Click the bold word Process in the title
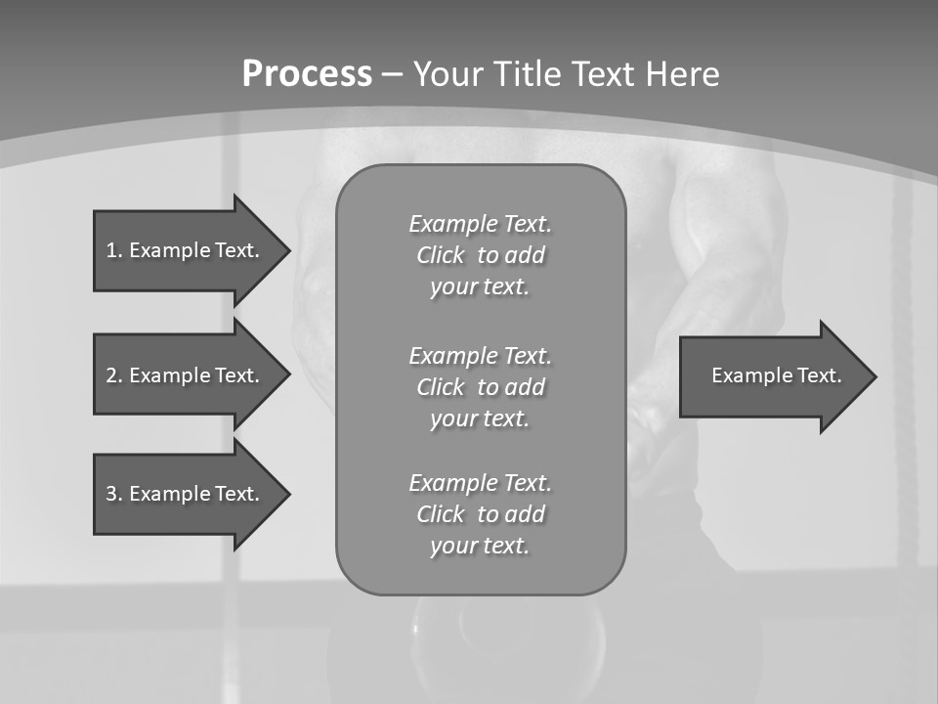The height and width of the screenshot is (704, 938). (307, 74)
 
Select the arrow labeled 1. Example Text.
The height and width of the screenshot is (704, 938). (186, 250)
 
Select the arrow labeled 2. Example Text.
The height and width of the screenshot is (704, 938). (186, 375)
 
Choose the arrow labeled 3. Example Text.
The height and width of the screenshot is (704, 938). (186, 494)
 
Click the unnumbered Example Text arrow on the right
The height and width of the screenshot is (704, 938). (776, 375)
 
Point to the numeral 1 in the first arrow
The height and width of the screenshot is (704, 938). (111, 250)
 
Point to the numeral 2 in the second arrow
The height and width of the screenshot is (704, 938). (112, 375)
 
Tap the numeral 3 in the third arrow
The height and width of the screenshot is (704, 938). (112, 494)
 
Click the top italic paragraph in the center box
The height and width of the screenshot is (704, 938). (480, 255)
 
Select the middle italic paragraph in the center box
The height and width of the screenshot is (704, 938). (480, 387)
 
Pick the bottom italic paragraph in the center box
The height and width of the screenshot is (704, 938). (480, 514)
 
